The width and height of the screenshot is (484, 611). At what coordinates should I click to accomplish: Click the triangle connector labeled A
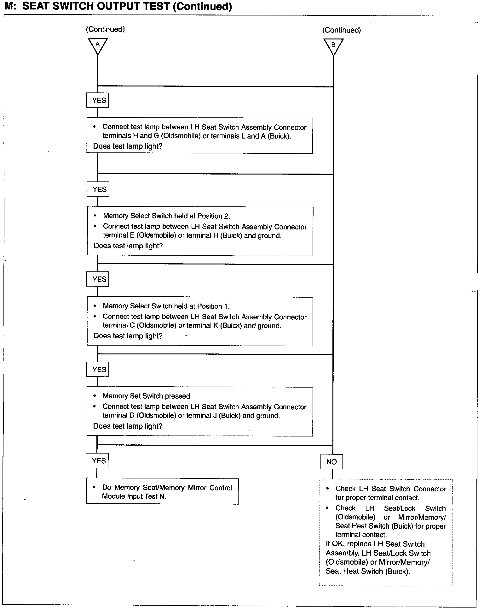pyautogui.click(x=98, y=45)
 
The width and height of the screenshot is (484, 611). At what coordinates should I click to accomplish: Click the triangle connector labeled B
pyautogui.click(x=333, y=46)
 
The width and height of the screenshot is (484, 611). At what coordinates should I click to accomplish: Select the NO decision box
pyautogui.click(x=331, y=462)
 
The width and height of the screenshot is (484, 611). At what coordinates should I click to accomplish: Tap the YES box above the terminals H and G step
pyautogui.click(x=98, y=100)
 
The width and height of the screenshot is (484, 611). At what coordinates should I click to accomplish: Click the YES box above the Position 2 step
pyautogui.click(x=98, y=189)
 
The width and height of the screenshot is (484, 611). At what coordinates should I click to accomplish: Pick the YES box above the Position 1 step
pyautogui.click(x=98, y=279)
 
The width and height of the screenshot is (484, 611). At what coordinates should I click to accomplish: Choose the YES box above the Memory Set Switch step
pyautogui.click(x=98, y=369)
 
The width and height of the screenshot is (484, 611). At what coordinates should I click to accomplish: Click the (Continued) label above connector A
pyautogui.click(x=105, y=29)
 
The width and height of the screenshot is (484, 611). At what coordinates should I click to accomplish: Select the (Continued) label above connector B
pyautogui.click(x=342, y=30)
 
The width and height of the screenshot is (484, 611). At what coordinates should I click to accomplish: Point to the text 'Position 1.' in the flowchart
pyautogui.click(x=213, y=306)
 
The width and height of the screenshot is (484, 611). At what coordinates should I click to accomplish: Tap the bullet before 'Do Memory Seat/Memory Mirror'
pyautogui.click(x=94, y=487)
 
